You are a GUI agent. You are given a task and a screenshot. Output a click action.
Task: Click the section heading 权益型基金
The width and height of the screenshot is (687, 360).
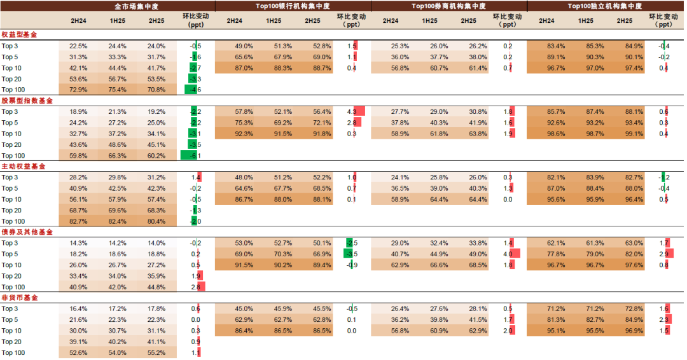[19, 34]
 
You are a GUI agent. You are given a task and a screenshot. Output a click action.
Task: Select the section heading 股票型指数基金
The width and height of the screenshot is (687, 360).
[27, 100]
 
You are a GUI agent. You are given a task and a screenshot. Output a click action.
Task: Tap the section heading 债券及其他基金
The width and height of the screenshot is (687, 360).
[27, 232]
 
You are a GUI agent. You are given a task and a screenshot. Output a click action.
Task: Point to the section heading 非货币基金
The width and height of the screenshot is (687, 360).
[19, 298]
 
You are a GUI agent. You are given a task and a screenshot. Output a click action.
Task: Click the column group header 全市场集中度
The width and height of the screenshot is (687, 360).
[137, 6]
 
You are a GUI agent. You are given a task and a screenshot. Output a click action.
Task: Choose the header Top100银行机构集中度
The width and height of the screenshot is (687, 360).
[293, 6]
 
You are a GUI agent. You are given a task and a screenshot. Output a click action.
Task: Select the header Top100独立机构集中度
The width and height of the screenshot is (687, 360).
[604, 6]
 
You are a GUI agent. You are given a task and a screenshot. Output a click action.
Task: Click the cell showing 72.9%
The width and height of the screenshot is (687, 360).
[78, 90]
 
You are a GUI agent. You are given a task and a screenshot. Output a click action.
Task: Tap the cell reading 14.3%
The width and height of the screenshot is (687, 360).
[78, 243]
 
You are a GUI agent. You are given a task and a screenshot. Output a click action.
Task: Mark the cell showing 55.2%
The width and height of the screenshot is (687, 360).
[156, 352]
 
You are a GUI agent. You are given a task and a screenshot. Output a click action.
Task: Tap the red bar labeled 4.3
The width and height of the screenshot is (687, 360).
[359, 112]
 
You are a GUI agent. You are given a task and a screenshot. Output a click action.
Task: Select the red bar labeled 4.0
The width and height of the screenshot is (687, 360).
[515, 254]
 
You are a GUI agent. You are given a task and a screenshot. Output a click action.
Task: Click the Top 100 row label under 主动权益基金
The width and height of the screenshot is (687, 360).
[13, 221]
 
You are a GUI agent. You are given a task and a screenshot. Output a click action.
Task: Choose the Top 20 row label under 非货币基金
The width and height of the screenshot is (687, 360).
[11, 342]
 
